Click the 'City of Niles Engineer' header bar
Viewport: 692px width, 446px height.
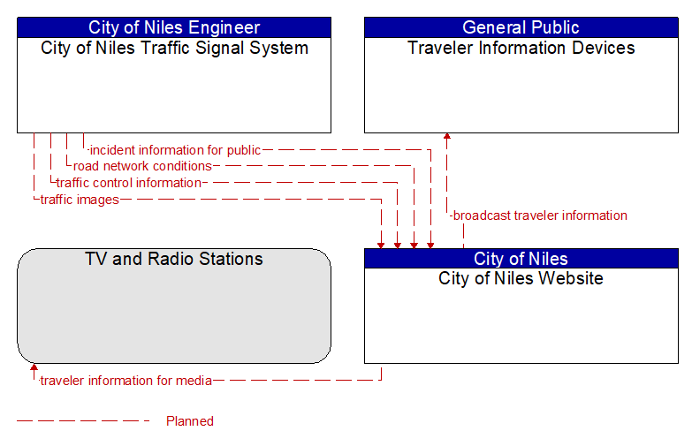pyautogui.click(x=174, y=27)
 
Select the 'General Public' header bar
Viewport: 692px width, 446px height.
pyautogui.click(x=521, y=27)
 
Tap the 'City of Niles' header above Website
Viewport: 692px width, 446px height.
pyautogui.click(x=521, y=259)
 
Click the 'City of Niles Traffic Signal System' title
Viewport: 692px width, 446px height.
pyautogui.click(x=174, y=48)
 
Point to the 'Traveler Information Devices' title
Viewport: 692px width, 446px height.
pyautogui.click(x=521, y=48)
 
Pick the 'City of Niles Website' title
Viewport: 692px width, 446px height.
pyautogui.click(x=521, y=278)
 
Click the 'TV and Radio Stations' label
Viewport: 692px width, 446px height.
pyautogui.click(x=174, y=259)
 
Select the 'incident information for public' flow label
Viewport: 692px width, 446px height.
pyautogui.click(x=175, y=150)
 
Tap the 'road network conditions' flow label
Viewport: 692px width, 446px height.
pyautogui.click(x=142, y=166)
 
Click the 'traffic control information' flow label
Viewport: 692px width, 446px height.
pyautogui.click(x=129, y=183)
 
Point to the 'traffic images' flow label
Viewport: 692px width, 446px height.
pyautogui.click(x=80, y=200)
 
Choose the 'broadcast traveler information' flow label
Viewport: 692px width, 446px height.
pyautogui.click(x=540, y=215)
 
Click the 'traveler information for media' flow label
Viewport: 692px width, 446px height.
pyautogui.click(x=125, y=381)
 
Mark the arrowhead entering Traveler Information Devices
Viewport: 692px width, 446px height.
pyautogui.click(x=447, y=136)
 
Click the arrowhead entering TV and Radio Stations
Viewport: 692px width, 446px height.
pyautogui.click(x=34, y=367)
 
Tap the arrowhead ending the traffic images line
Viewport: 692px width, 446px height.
pyautogui.click(x=381, y=246)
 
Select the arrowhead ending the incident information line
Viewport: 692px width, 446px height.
pyautogui.click(x=430, y=246)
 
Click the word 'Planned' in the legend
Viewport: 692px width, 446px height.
pyautogui.click(x=190, y=421)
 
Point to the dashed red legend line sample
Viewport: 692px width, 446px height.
pyautogui.click(x=83, y=421)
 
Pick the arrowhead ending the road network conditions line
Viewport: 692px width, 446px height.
pyautogui.click(x=414, y=246)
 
